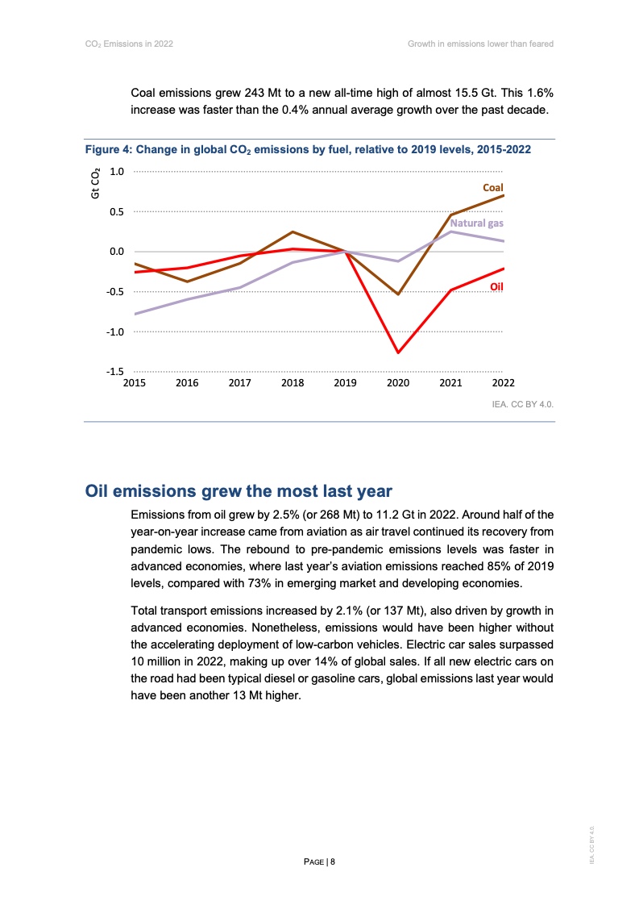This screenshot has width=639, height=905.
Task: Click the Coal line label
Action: click(x=492, y=187)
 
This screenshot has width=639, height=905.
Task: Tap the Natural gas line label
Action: click(x=476, y=223)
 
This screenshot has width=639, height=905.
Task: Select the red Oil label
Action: click(x=496, y=286)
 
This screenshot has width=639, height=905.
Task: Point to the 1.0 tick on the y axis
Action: click(x=116, y=172)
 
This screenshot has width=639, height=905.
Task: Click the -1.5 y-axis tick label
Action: click(x=114, y=372)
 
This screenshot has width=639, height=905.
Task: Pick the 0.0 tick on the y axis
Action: click(x=116, y=252)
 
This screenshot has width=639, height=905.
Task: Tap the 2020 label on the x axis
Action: click(x=397, y=383)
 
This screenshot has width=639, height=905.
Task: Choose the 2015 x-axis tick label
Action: click(x=134, y=383)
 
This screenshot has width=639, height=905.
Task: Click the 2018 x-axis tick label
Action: click(x=292, y=383)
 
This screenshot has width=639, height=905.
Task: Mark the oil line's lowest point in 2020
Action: click(x=397, y=352)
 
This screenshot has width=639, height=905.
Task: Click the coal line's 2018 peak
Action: click(x=293, y=232)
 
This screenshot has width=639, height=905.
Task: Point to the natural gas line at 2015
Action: click(x=135, y=314)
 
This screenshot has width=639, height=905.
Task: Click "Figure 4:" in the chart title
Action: click(x=108, y=150)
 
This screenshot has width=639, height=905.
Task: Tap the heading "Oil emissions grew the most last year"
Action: click(x=239, y=490)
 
